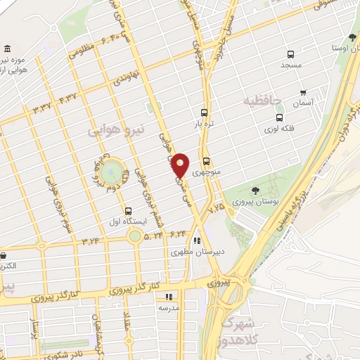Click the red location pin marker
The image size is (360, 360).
click(x=181, y=165)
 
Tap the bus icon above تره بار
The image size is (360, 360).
click(x=204, y=112)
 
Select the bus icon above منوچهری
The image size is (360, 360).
click(x=205, y=160)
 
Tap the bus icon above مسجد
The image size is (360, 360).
click(x=291, y=54)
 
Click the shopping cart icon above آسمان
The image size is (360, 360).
click(x=303, y=91)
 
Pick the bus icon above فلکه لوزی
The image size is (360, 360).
click(x=280, y=117)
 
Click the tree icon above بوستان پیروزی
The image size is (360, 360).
click(x=254, y=190)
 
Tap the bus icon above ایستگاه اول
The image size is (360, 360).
click(x=128, y=210)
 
